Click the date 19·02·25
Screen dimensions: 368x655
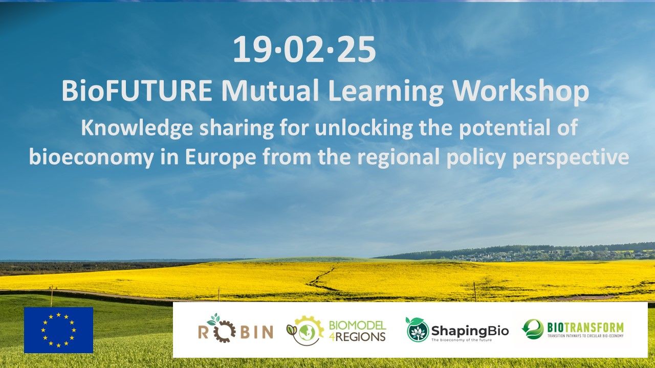click(x=304, y=50)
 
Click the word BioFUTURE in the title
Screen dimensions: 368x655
click(x=137, y=91)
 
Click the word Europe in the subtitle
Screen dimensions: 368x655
click(x=220, y=157)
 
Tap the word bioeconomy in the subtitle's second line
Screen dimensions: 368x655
click(x=91, y=157)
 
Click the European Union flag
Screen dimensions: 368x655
click(x=58, y=330)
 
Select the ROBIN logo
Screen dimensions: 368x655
click(x=235, y=330)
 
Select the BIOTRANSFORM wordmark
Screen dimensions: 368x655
click(x=585, y=327)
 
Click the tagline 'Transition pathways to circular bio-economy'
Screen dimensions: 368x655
click(x=585, y=336)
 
